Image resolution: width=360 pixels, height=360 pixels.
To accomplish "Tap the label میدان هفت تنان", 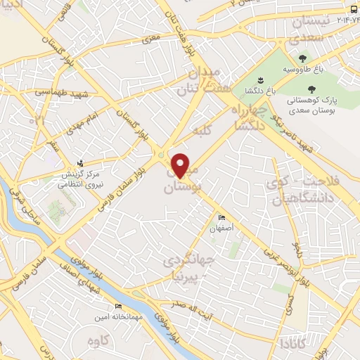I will [204, 82].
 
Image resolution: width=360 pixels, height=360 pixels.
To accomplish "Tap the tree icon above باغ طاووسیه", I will [302, 59].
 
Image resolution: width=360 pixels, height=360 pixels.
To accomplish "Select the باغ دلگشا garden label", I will [259, 91].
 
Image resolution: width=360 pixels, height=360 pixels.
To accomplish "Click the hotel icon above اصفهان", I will [222, 217].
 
